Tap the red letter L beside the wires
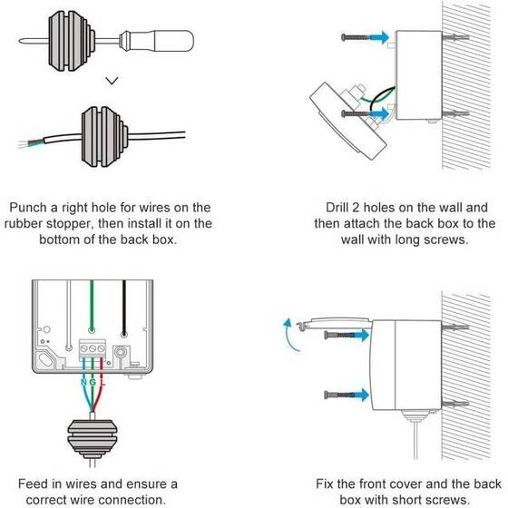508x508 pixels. pyautogui.click(x=103, y=385)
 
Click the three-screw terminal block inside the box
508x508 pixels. pyautogui.click(x=93, y=345)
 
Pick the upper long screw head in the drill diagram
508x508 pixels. pyautogui.click(x=347, y=37)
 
